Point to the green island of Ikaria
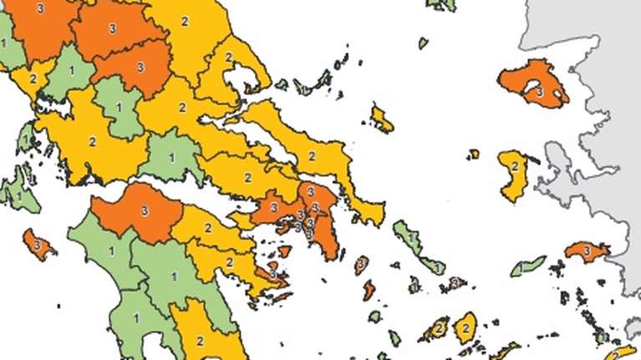point(527,267)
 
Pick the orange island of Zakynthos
point(38,244)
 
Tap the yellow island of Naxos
point(465,328)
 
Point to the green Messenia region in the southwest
point(137,317)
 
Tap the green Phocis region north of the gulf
point(172,158)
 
